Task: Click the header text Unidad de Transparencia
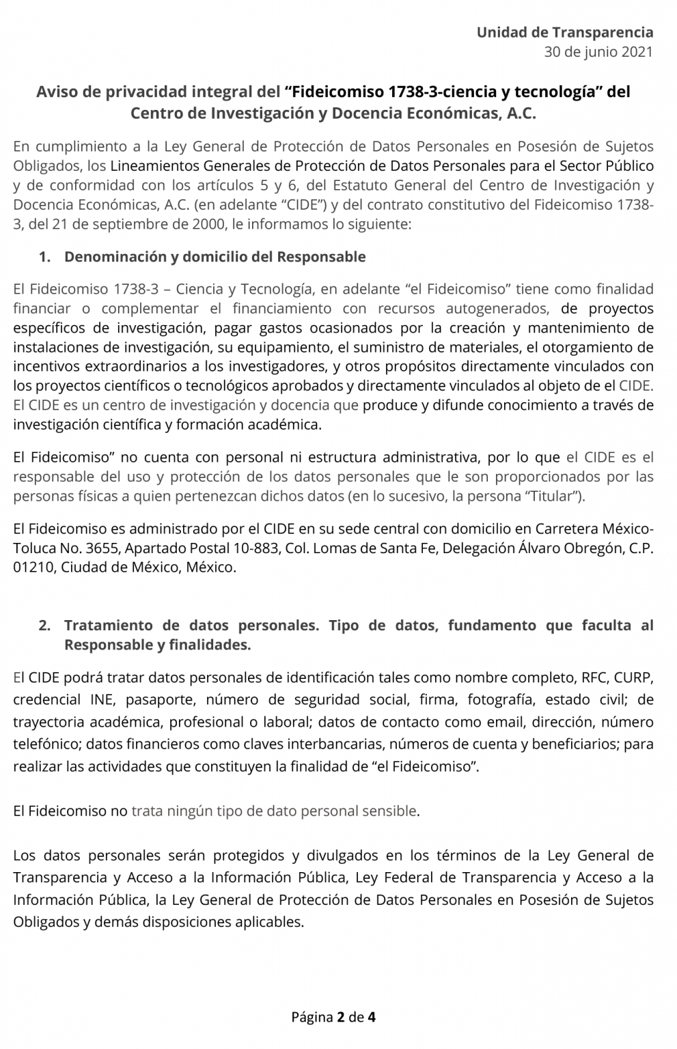(x=564, y=32)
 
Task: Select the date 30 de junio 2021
(x=598, y=52)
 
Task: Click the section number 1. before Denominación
(x=45, y=257)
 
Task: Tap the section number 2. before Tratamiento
(x=45, y=626)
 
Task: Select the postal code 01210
(x=34, y=568)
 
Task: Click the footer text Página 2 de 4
(x=333, y=1017)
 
